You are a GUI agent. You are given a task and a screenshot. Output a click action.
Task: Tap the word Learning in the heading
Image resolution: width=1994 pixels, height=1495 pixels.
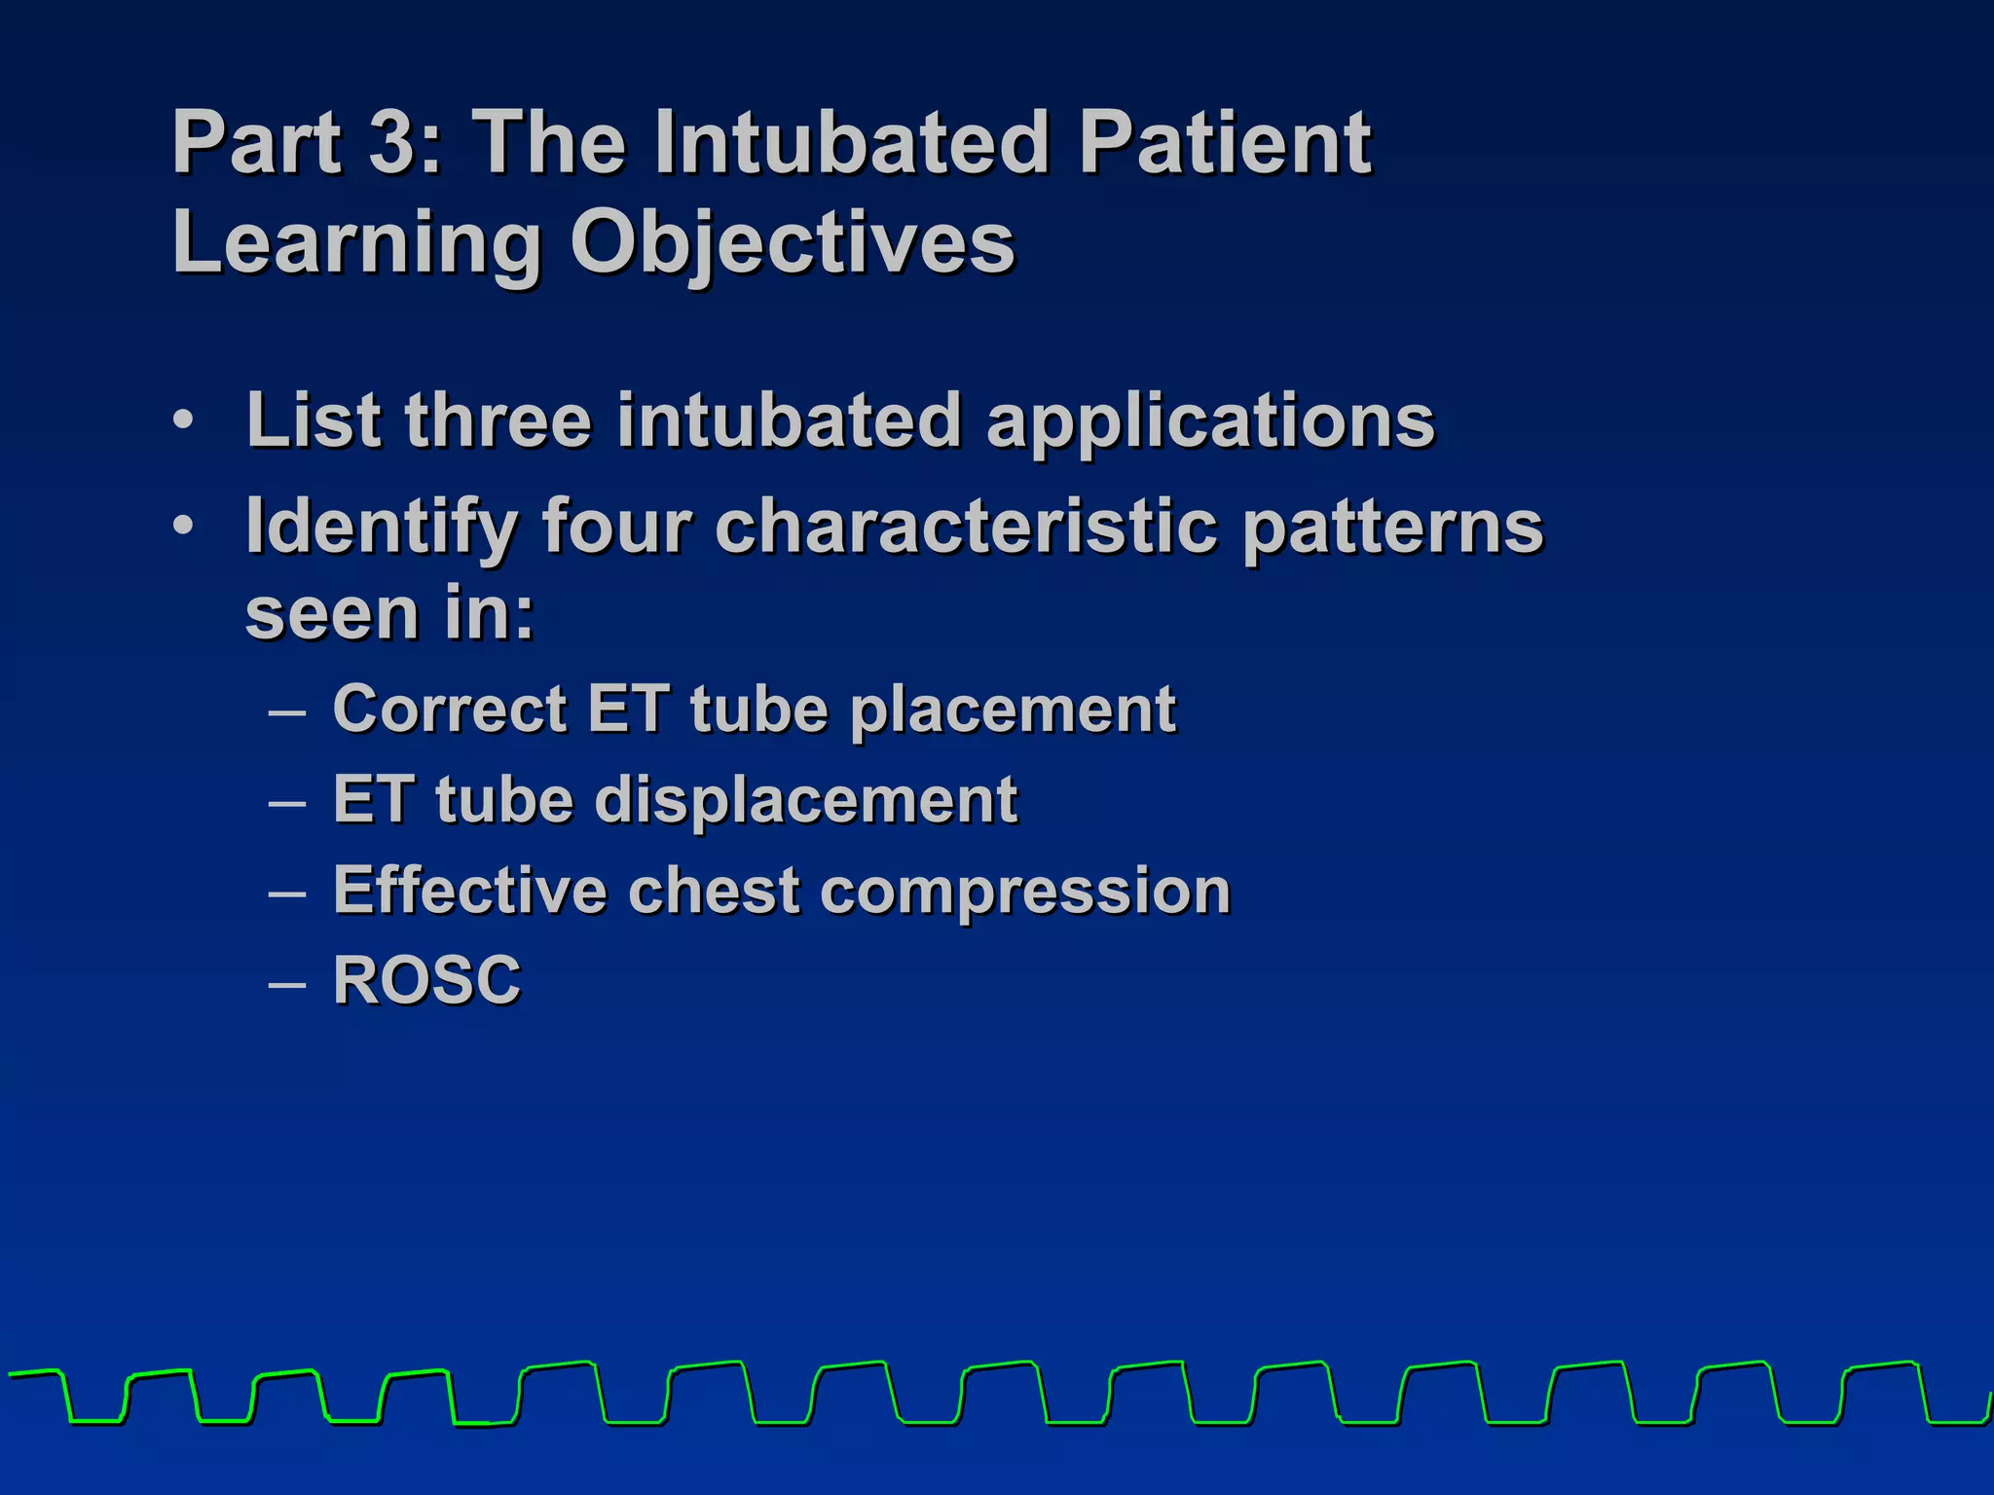pyautogui.click(x=355, y=242)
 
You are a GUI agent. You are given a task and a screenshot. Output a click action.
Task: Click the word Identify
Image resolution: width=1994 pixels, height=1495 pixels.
pyautogui.click(x=381, y=527)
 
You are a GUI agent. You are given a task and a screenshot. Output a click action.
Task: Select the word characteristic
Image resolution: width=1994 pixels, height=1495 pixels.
pyautogui.click(x=966, y=526)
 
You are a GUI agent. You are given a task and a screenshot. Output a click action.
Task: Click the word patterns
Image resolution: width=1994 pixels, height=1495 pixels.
pyautogui.click(x=1393, y=527)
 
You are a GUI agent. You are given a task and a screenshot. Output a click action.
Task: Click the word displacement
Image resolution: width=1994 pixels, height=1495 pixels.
pyautogui.click(x=805, y=800)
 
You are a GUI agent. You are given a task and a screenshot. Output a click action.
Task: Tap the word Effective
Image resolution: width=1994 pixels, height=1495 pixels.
pyautogui.click(x=469, y=890)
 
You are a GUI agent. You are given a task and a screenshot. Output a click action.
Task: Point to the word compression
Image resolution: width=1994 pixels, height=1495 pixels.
pyautogui.click(x=1025, y=892)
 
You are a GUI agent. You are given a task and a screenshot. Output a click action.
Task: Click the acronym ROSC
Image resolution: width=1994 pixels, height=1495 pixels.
pyautogui.click(x=427, y=979)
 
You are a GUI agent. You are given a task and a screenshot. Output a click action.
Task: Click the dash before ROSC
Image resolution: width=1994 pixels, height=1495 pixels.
pyautogui.click(x=287, y=984)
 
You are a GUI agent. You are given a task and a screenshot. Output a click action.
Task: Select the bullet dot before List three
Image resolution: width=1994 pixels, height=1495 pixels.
pyautogui.click(x=183, y=420)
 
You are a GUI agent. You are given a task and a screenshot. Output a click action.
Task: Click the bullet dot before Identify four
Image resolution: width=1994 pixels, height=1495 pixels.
pyautogui.click(x=183, y=526)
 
